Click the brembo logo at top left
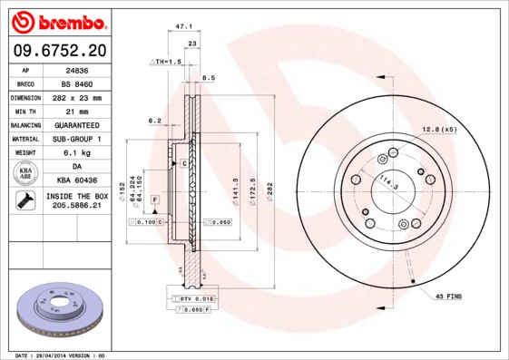pos(59,20)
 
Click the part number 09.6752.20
pos(59,50)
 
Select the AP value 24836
pos(78,68)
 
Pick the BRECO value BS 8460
pos(78,83)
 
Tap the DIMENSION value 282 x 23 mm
pos(78,97)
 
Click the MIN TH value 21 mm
pos(78,111)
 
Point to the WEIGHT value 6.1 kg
pos(78,153)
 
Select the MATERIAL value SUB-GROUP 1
pos(78,139)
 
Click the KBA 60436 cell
pos(78,181)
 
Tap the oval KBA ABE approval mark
pos(25,174)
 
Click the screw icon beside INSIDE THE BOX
pos(24,202)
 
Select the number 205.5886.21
pos(77,207)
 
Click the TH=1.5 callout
pos(166,61)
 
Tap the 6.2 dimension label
pos(153,120)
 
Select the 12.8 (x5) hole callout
pos(439,130)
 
